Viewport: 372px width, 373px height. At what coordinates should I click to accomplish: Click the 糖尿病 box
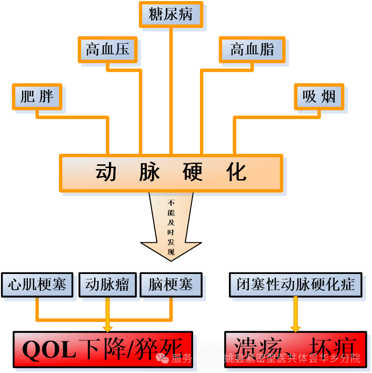(170, 15)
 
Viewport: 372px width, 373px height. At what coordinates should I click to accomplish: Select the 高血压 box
(107, 50)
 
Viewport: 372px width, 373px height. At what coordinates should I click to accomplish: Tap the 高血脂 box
(252, 50)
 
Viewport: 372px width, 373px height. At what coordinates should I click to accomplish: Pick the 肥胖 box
(37, 97)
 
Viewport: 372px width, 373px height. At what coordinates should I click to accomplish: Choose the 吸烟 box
(319, 97)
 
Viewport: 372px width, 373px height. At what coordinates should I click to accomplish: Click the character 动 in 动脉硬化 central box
(106, 172)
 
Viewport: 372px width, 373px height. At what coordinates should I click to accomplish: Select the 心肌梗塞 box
(37, 285)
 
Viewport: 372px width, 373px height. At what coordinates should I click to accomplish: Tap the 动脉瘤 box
(107, 285)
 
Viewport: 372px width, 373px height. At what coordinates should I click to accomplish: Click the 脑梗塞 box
(171, 285)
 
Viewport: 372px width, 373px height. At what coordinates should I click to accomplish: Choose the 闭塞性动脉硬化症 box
(295, 285)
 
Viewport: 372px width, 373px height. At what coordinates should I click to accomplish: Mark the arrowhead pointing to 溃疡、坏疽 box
(295, 328)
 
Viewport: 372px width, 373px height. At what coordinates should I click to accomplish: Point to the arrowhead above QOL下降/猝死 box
(107, 328)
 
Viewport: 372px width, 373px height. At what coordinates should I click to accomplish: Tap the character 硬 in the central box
(193, 172)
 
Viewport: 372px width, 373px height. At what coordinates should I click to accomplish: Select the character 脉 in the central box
(149, 172)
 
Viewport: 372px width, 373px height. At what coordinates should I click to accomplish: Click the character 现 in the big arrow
(171, 252)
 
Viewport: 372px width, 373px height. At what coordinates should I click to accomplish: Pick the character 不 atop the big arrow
(171, 202)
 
